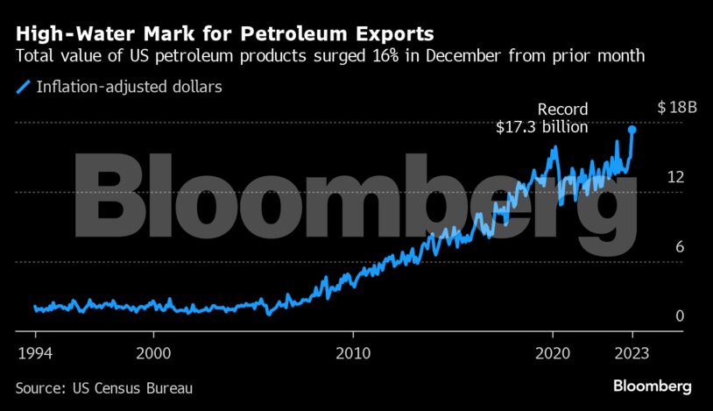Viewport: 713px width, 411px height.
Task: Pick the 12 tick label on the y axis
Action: pyautogui.click(x=674, y=177)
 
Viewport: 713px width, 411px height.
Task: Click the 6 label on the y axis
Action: pyautogui.click(x=679, y=246)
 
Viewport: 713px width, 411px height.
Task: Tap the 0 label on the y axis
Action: pyautogui.click(x=679, y=315)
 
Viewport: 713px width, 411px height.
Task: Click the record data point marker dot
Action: pyautogui.click(x=632, y=130)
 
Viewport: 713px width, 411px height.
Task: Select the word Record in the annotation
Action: pyautogui.click(x=562, y=110)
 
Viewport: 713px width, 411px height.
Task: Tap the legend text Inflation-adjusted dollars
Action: pyautogui.click(x=116, y=88)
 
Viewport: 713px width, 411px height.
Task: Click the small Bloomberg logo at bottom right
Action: pyautogui.click(x=653, y=386)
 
